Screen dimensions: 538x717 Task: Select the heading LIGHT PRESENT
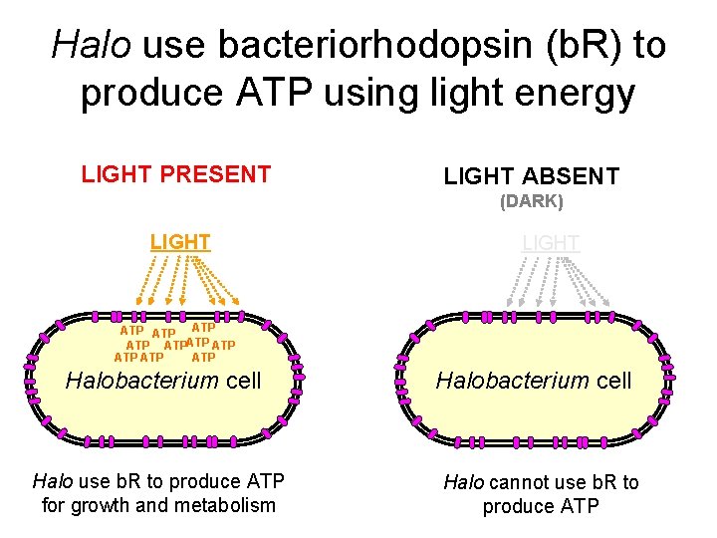(176, 174)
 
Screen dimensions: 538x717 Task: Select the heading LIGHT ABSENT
(531, 177)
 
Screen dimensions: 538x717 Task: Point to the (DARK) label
(531, 201)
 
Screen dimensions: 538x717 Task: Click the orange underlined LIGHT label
(180, 241)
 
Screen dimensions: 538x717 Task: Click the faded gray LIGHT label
(551, 243)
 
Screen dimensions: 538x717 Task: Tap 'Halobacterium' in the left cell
(141, 380)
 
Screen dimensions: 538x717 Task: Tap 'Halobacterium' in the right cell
(512, 380)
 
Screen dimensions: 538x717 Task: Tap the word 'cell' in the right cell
(611, 380)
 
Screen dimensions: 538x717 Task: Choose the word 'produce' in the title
(151, 93)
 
